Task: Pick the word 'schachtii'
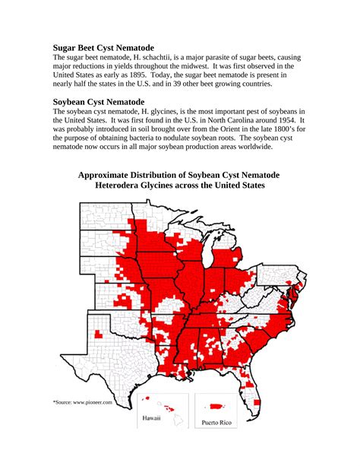click(x=183, y=57)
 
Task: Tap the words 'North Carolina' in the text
click(x=223, y=120)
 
